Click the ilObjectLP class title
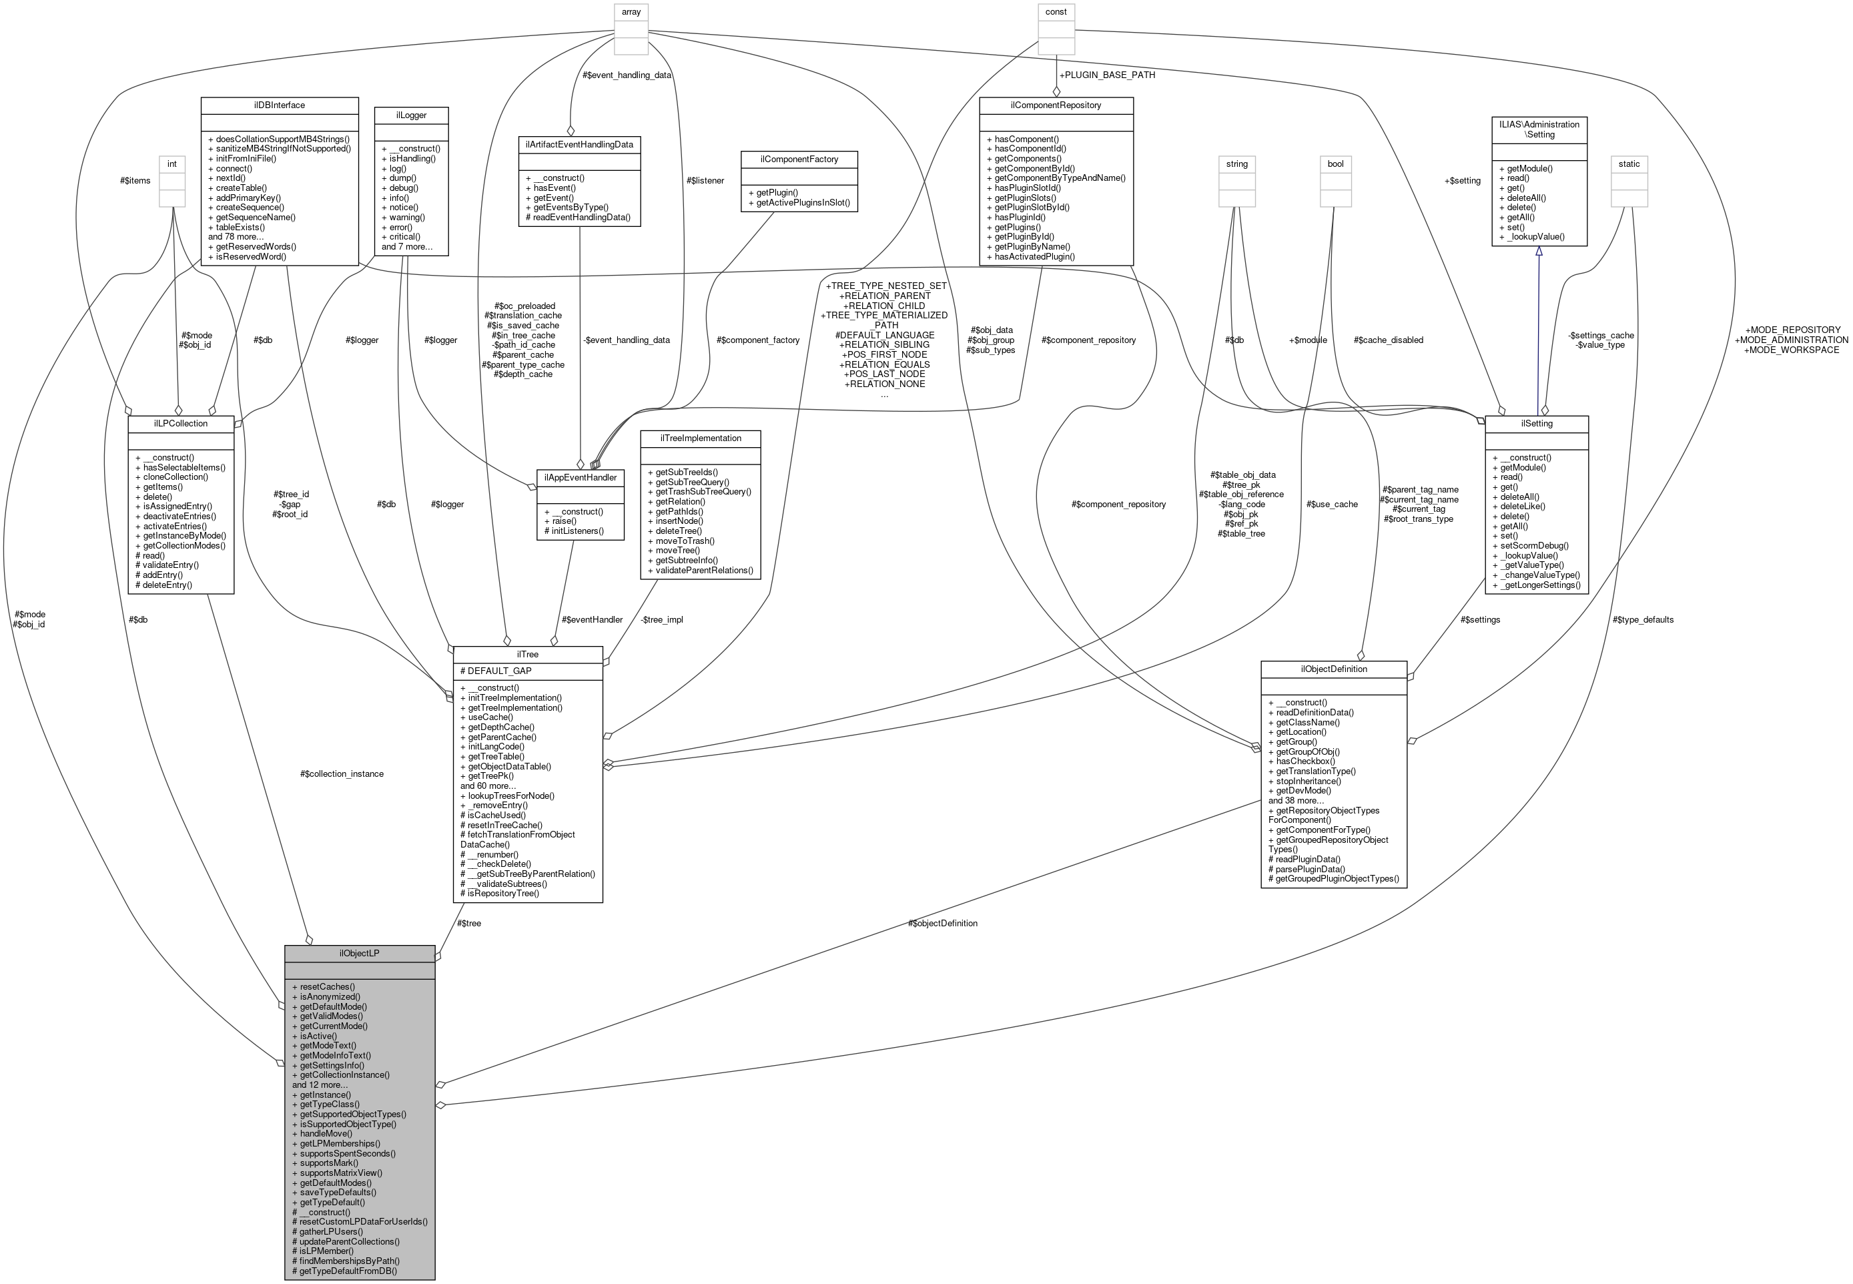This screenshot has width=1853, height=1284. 359,954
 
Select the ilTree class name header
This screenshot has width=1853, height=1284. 528,654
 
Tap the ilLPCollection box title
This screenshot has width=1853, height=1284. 180,423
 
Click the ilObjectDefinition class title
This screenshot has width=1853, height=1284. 1333,669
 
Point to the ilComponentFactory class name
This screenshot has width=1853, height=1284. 799,159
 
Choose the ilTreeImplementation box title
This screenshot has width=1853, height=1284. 700,438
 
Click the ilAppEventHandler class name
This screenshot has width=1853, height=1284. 580,477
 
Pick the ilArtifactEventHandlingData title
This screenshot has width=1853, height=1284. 579,145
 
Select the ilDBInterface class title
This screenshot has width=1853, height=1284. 278,105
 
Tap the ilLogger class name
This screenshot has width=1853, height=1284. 411,115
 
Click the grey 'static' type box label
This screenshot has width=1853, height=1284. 1629,164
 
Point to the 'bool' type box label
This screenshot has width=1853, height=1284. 1335,164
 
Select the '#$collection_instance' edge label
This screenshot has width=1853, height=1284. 341,774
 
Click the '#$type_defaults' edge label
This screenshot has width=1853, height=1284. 1642,619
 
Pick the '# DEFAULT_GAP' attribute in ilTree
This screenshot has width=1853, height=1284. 495,671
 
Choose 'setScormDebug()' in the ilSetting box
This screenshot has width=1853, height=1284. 1533,545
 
